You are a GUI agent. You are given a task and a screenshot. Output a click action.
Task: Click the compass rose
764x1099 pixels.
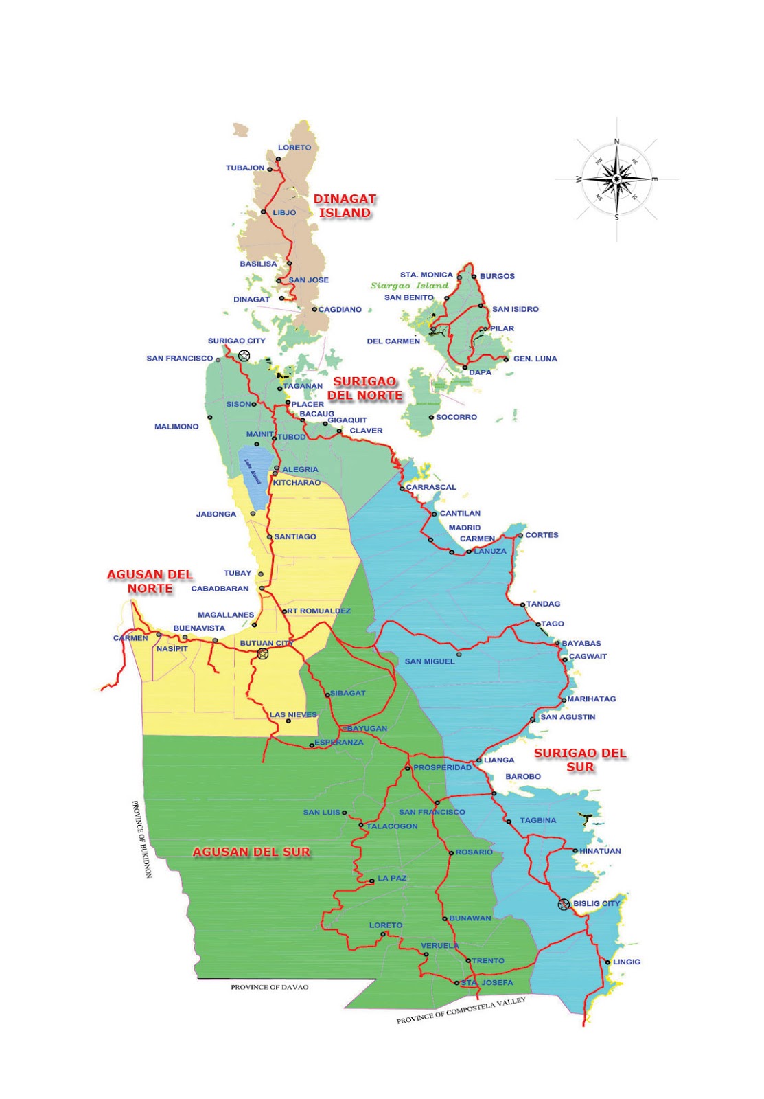click(616, 179)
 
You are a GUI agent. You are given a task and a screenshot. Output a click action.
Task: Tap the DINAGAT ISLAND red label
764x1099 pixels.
click(345, 206)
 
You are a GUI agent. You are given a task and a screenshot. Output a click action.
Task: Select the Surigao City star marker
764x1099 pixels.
click(244, 355)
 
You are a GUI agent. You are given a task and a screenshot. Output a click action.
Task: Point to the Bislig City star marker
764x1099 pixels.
click(564, 905)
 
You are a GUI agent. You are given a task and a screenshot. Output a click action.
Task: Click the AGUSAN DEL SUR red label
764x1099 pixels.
click(251, 852)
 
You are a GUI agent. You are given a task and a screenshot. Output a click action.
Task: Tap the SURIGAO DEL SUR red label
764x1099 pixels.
click(580, 760)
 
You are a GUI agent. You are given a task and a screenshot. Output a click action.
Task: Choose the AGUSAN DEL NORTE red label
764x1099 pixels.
click(150, 581)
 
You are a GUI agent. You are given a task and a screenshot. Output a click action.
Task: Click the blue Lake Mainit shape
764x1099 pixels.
click(253, 474)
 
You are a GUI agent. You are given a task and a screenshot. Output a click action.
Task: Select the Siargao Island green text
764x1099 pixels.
click(409, 286)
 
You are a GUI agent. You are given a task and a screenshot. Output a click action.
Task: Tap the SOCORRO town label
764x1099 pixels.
click(456, 417)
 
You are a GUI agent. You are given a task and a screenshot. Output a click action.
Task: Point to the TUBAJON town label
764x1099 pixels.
click(245, 168)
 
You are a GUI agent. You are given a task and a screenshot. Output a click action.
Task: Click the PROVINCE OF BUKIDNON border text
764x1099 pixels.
click(142, 839)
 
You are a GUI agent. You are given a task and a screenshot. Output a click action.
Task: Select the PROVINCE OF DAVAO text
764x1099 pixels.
click(269, 987)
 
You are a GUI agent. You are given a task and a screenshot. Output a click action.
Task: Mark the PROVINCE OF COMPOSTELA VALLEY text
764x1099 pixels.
click(461, 1010)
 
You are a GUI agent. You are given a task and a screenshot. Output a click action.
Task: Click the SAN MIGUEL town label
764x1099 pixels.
click(430, 661)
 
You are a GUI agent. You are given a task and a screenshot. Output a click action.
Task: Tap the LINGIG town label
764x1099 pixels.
click(626, 962)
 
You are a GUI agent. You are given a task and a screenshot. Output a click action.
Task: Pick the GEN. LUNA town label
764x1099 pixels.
click(535, 359)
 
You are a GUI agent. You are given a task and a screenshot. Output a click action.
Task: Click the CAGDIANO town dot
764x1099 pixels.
click(314, 309)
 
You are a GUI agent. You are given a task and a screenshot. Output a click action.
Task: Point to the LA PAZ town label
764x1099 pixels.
click(392, 878)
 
